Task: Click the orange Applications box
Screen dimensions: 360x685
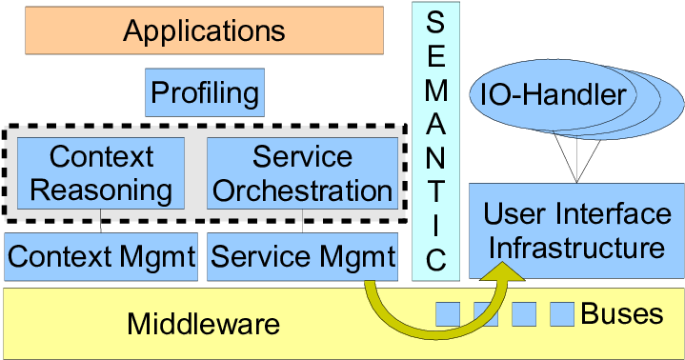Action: click(x=205, y=30)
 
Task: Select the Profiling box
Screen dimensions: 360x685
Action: click(x=205, y=93)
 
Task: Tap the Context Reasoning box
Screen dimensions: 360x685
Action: click(x=101, y=172)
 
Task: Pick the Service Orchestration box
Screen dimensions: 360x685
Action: click(x=302, y=172)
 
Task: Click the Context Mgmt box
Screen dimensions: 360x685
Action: click(x=101, y=256)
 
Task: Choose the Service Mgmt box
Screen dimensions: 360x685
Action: click(x=302, y=256)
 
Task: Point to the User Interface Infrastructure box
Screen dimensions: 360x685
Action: click(x=574, y=231)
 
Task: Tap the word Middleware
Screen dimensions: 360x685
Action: click(x=204, y=324)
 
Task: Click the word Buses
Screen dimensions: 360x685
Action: click(x=621, y=313)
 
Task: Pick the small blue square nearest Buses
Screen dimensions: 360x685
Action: click(x=562, y=312)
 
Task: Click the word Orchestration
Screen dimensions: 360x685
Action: click(x=302, y=190)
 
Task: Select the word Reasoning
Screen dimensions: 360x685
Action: click(x=101, y=190)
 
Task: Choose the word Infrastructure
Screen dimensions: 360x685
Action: click(x=574, y=249)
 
